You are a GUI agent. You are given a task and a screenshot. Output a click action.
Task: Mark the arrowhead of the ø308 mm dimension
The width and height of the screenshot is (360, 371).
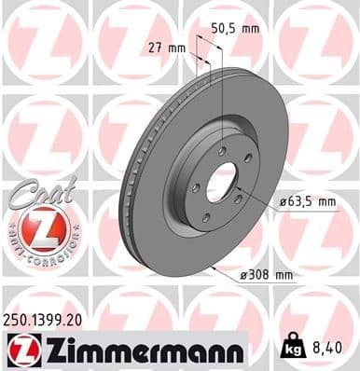click(x=215, y=268)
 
